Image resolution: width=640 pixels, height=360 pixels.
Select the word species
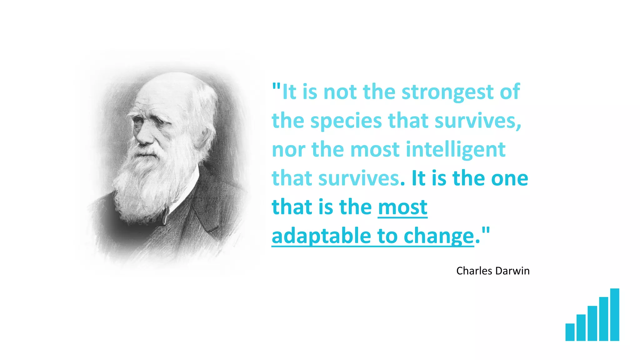click(x=346, y=121)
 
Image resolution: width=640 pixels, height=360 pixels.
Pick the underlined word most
click(x=402, y=207)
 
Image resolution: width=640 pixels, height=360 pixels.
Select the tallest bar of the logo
click(x=614, y=314)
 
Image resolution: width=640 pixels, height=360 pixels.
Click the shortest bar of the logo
click(x=570, y=332)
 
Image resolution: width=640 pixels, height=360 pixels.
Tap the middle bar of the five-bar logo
click(x=592, y=323)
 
